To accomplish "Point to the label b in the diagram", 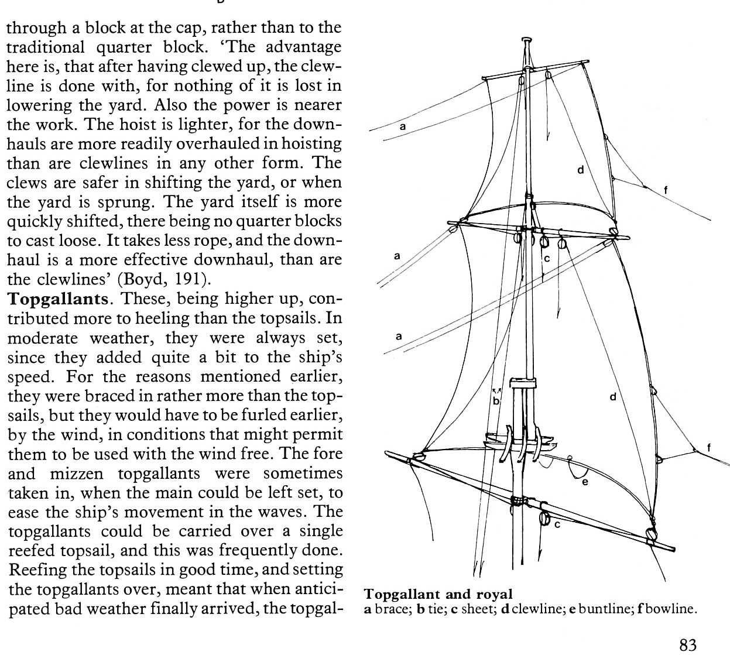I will coord(496,401).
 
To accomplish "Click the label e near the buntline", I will coord(585,482).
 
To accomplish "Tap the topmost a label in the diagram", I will coord(402,125).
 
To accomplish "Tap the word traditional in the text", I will coord(48,46).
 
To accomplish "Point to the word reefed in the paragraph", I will coord(36,550).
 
